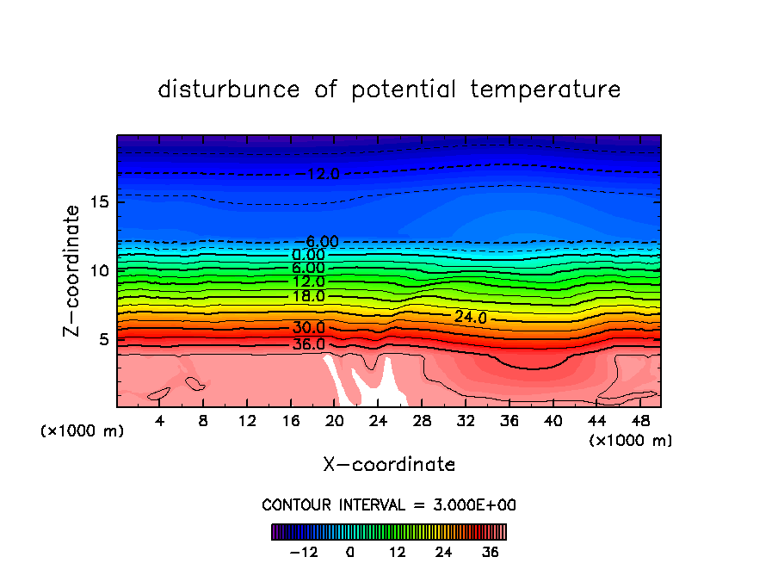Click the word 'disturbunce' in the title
coord(231,90)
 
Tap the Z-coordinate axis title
coord(72,270)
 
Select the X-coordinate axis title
coord(389,465)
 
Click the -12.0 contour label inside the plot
coord(322,174)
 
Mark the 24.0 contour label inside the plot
coord(471,317)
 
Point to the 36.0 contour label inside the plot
coord(309,344)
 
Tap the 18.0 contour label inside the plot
coord(309,296)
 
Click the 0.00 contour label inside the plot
coord(309,255)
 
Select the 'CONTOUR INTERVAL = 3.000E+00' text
coord(389,504)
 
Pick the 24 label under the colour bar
coord(444,552)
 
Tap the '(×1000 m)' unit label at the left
coord(82,430)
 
